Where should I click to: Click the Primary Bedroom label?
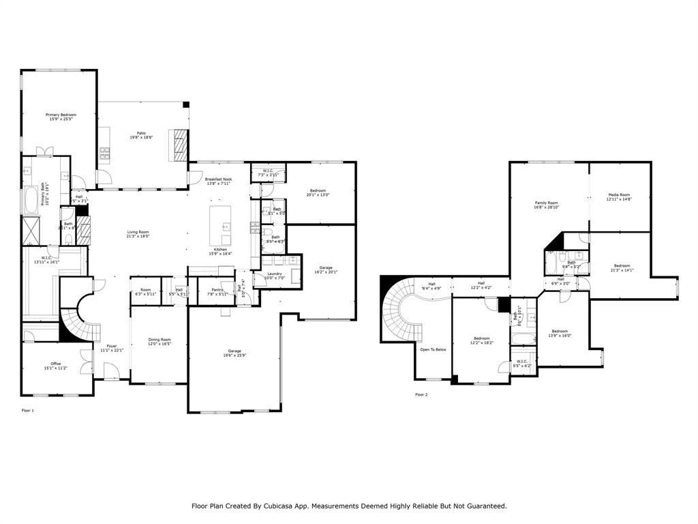61,115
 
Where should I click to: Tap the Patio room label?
141,133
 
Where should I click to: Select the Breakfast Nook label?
218,179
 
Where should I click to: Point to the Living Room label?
138,232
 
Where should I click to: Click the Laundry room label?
274,274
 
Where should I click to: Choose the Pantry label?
217,290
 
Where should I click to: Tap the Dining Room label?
160,340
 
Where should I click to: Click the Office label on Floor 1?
56,364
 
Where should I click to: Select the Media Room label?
619,194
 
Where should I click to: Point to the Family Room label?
546,203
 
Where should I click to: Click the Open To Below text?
433,349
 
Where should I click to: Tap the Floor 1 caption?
27,411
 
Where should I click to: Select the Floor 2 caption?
421,394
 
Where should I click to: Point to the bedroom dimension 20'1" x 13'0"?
318,195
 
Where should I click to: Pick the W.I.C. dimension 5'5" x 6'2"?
522,366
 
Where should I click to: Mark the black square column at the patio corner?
185,105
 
